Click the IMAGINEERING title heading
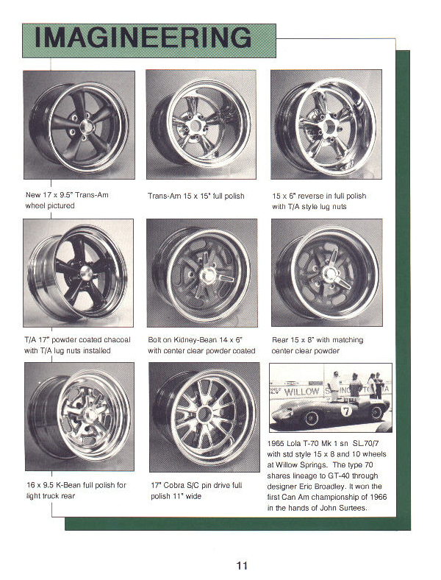(x=143, y=38)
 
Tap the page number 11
(x=242, y=565)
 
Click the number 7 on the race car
(x=345, y=411)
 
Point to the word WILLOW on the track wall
(x=301, y=392)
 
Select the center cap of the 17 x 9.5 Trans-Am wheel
(x=86, y=126)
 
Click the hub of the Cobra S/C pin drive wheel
(x=204, y=414)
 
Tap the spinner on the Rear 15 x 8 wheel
(x=331, y=273)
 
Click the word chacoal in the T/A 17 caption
(x=117, y=339)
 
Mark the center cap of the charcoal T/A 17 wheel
(x=86, y=273)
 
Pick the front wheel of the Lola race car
(x=311, y=418)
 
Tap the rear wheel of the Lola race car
(x=376, y=413)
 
